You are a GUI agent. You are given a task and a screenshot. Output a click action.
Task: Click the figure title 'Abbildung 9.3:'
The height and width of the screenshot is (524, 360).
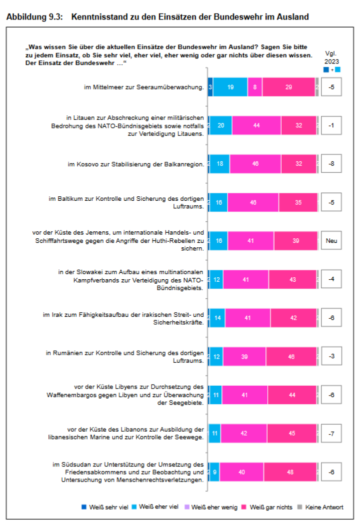click(34, 17)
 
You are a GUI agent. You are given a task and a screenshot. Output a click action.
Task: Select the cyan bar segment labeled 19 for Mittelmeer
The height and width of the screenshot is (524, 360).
click(230, 87)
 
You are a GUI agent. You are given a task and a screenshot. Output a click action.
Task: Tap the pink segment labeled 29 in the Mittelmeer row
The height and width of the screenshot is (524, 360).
click(288, 87)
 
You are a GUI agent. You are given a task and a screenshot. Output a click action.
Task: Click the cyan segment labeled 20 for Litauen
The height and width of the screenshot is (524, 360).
click(220, 125)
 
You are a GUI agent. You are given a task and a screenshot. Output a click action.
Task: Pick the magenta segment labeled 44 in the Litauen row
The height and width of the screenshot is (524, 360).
click(256, 125)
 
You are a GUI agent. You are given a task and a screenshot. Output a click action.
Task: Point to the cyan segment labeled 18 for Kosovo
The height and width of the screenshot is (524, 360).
click(219, 164)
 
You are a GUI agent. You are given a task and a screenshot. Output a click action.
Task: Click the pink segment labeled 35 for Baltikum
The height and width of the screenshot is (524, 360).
click(298, 202)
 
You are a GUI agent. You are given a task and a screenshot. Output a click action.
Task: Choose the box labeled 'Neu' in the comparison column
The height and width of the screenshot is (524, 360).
click(331, 241)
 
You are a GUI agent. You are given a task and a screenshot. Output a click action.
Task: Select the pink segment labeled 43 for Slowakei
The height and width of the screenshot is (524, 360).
click(292, 279)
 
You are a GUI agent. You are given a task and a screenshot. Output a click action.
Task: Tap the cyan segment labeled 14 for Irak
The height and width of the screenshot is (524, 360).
click(217, 318)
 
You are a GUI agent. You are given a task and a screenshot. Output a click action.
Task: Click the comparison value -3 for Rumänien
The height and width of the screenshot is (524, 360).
click(331, 356)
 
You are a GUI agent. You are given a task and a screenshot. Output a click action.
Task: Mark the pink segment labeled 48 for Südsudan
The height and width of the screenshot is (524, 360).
click(290, 472)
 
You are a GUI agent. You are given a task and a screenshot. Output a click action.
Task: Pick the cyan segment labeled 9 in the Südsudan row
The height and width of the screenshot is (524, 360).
click(214, 472)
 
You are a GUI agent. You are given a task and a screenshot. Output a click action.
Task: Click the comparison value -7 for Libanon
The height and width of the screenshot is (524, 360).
click(331, 433)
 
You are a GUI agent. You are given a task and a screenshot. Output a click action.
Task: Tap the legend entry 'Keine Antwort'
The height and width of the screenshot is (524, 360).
click(324, 507)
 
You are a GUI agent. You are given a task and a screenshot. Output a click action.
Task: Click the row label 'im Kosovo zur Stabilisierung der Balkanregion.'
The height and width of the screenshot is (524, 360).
click(136, 164)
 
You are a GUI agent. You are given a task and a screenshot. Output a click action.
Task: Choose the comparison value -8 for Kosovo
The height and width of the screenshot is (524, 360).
click(331, 164)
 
